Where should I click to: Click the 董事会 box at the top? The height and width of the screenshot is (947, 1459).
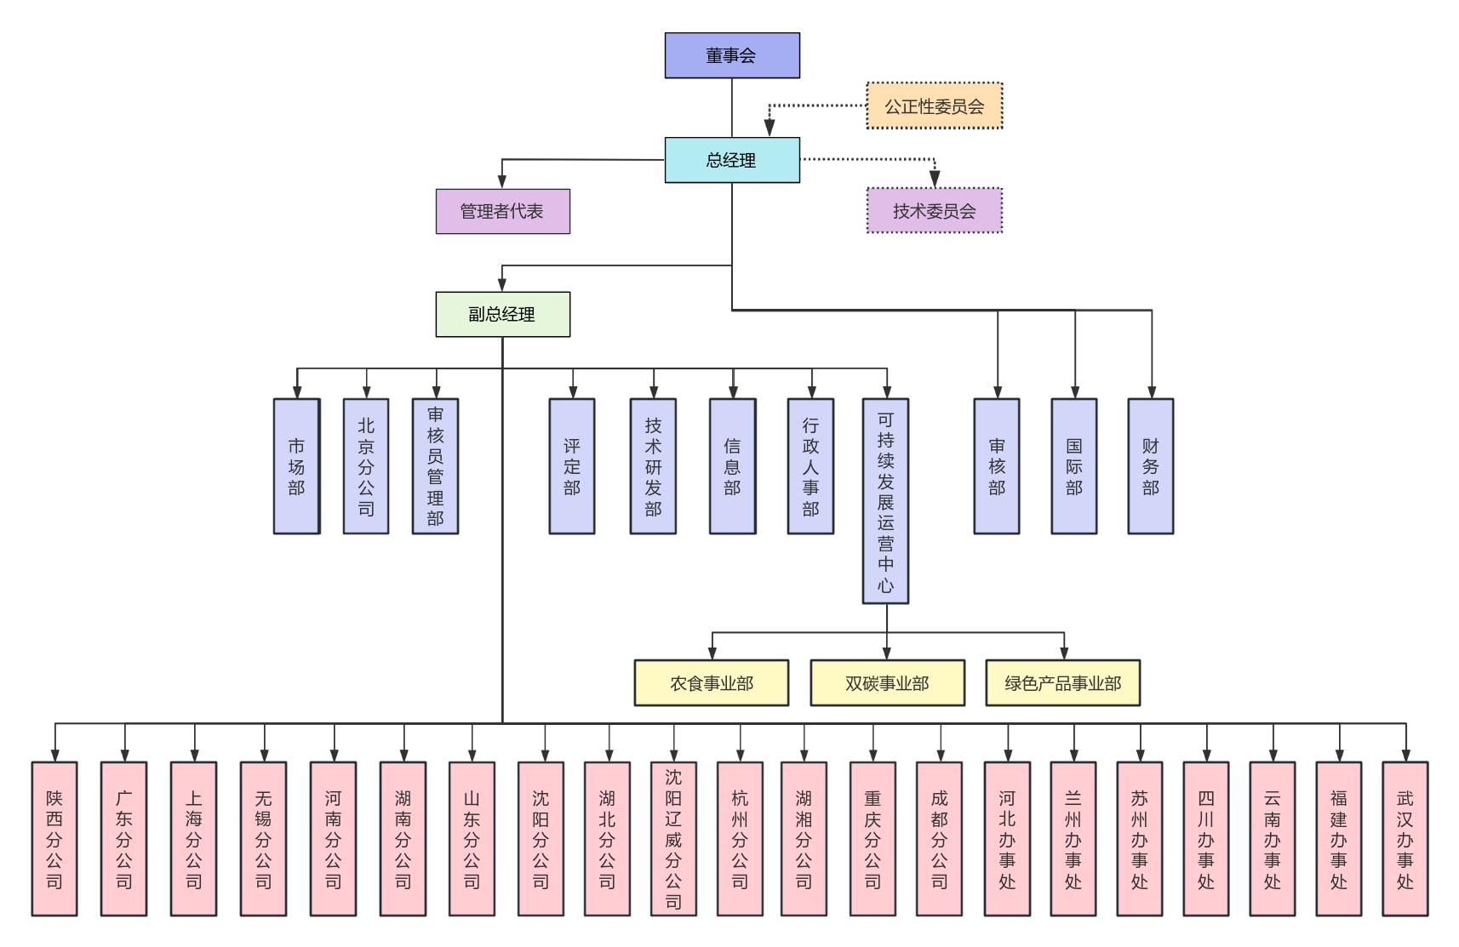(x=732, y=55)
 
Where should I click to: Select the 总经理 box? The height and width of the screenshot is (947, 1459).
(x=732, y=160)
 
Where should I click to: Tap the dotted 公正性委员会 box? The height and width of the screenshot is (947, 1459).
(x=934, y=106)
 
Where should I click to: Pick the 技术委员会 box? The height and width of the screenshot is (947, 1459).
(x=934, y=211)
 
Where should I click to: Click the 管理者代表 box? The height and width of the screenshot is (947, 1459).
(x=502, y=211)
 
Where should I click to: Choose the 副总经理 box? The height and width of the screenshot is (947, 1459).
(x=502, y=314)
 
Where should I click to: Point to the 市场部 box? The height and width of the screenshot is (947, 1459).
(x=296, y=466)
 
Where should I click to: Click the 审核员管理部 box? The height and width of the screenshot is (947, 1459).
(x=435, y=466)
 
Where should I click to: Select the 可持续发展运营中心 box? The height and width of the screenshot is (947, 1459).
(x=885, y=501)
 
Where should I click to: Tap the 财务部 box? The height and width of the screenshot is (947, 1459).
(x=1150, y=466)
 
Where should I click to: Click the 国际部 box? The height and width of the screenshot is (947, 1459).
(x=1073, y=466)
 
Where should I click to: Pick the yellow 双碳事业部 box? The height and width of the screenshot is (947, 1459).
(x=887, y=683)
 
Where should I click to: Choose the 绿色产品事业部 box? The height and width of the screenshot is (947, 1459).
(x=1062, y=683)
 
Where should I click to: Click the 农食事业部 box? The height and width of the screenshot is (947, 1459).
(x=711, y=683)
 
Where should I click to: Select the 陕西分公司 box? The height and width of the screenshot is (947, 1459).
(x=54, y=839)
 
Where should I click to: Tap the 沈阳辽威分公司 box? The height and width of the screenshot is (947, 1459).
(x=673, y=839)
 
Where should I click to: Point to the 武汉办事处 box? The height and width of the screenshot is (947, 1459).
(x=1405, y=839)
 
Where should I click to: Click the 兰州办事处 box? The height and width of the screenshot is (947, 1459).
(x=1073, y=839)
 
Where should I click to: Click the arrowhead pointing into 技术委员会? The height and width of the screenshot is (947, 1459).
(x=935, y=180)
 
